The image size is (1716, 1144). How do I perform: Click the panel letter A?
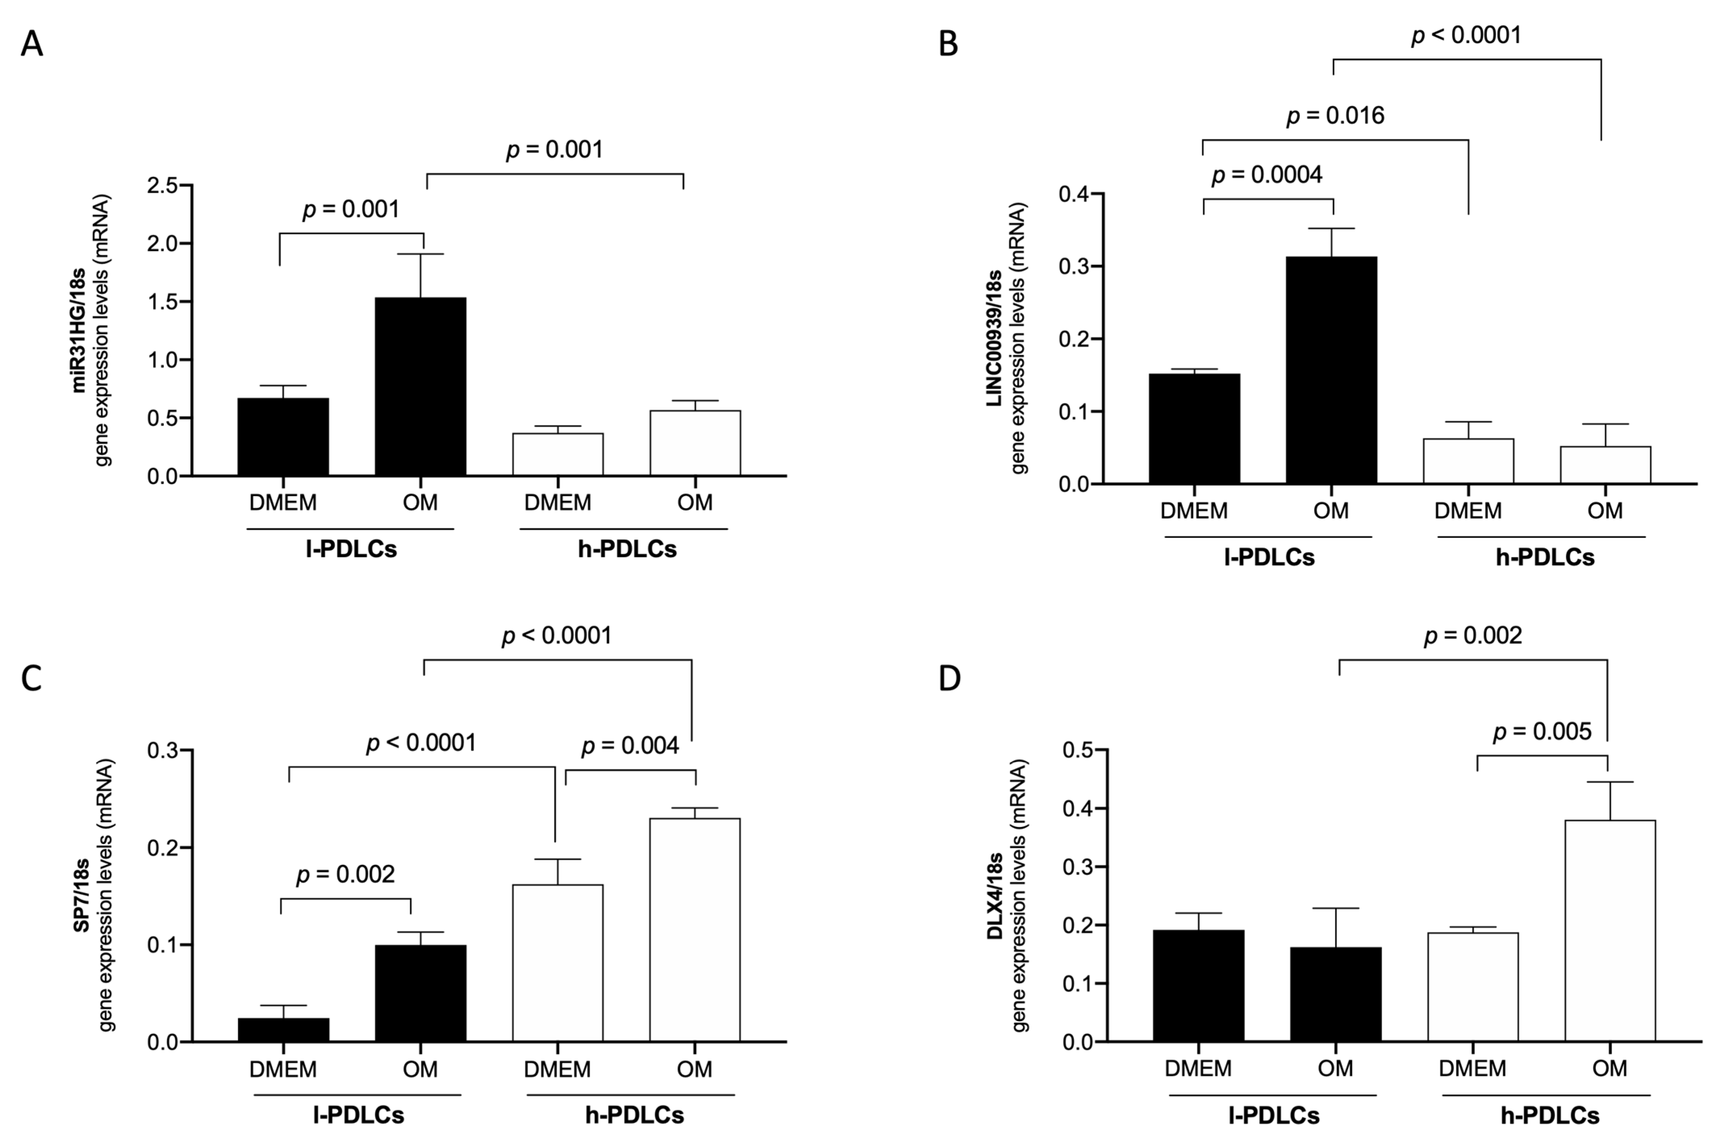pyautogui.click(x=31, y=44)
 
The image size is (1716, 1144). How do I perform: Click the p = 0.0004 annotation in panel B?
pyautogui.click(x=1267, y=175)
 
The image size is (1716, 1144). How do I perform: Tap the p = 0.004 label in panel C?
pyautogui.click(x=630, y=746)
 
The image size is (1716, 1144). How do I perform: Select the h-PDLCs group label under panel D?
pyautogui.click(x=1550, y=1115)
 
